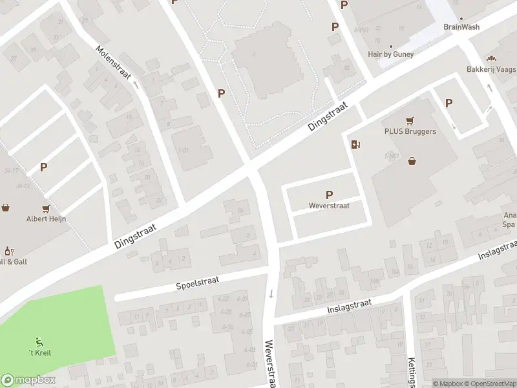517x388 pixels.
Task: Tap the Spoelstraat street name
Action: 198,282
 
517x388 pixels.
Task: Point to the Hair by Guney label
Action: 390,55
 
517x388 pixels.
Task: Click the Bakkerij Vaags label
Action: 492,69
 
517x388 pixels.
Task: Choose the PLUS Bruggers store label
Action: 410,131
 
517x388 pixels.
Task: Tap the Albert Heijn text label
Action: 46,219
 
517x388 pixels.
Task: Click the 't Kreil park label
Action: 40,352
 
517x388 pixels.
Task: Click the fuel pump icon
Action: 355,144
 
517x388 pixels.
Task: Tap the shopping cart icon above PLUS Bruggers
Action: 409,120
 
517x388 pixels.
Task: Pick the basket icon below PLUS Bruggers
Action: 412,161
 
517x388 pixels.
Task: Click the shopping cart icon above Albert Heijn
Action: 46,208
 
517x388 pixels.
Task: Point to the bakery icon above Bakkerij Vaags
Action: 498,58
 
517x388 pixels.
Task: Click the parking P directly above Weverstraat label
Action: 330,195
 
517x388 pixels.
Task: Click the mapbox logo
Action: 28,380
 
